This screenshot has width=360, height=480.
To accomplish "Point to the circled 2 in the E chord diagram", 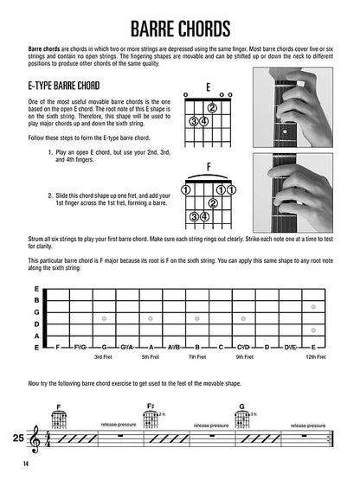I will coord(211,108).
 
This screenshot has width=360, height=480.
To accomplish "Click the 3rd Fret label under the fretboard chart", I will coord(103,356).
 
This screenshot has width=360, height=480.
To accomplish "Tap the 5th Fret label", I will coord(151,356).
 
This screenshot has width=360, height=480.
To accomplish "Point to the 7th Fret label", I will coord(197,356).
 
